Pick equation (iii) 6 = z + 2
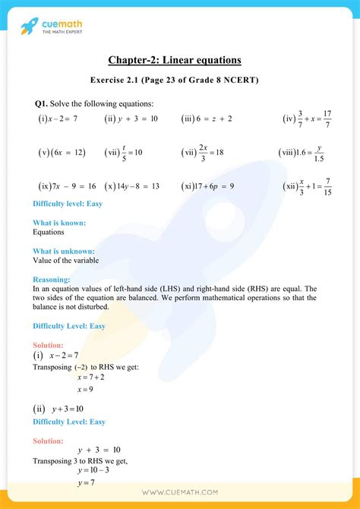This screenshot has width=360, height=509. tap(207, 119)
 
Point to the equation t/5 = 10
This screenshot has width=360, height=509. tap(124, 153)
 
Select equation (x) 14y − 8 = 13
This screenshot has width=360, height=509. tap(132, 186)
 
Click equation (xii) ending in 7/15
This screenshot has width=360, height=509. tap(307, 186)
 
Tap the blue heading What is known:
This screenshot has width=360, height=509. tap(59, 223)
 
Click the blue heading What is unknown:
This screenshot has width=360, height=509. tap(64, 251)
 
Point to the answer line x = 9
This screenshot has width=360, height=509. tap(85, 390)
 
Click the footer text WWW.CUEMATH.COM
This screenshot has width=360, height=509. tap(179, 492)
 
